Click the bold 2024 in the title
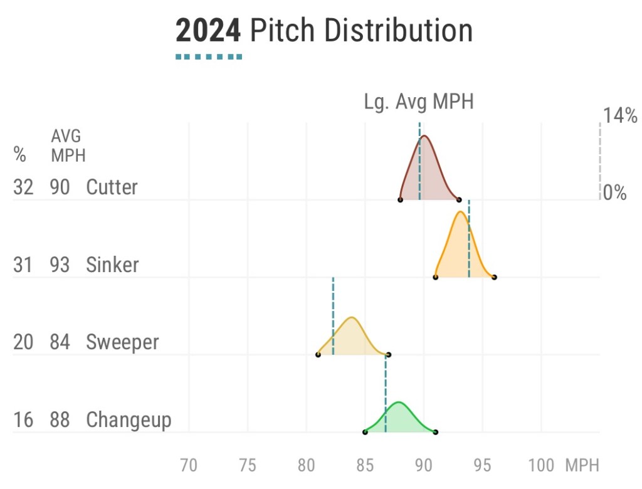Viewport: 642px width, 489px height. (x=208, y=30)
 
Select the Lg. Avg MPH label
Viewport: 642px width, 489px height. (x=419, y=102)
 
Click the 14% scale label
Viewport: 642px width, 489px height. (x=620, y=115)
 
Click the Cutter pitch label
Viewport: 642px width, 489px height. (x=112, y=187)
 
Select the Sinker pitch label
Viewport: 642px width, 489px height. (x=112, y=265)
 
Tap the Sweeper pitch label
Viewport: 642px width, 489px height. (x=122, y=342)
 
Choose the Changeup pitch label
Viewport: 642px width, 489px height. (x=129, y=419)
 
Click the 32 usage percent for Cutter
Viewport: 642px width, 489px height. (x=23, y=187)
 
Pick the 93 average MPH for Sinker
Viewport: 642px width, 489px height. (x=60, y=265)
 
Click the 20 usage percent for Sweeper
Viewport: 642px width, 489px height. (x=23, y=342)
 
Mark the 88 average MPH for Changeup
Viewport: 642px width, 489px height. (x=60, y=419)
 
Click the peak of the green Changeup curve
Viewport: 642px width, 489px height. (x=399, y=402)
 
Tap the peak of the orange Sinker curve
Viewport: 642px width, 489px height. (x=461, y=212)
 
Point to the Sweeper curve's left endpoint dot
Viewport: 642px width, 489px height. (x=318, y=355)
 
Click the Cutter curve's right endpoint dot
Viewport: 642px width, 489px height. (x=459, y=200)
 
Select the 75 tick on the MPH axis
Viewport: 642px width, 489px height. (x=248, y=466)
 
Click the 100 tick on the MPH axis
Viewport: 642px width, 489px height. (x=541, y=466)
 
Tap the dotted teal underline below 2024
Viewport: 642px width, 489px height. (x=208, y=57)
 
